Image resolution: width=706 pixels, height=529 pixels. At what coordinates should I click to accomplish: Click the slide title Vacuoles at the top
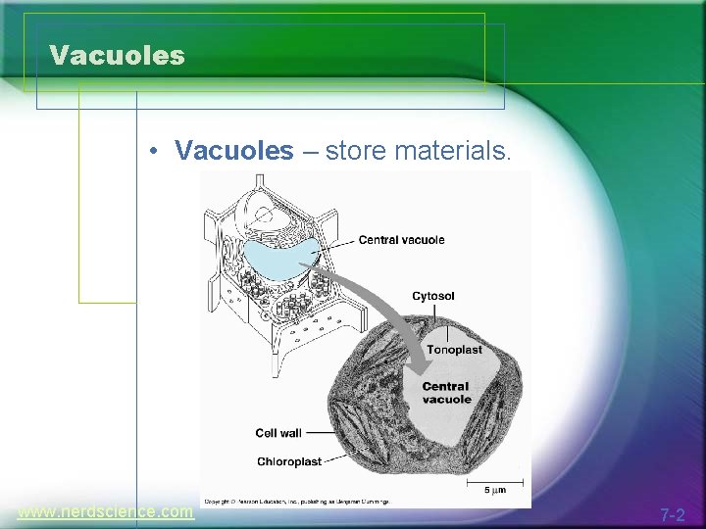(x=117, y=56)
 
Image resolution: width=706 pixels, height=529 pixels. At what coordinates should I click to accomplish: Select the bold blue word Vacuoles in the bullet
(x=233, y=151)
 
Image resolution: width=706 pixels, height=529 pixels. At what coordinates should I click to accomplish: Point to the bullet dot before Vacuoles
(x=155, y=152)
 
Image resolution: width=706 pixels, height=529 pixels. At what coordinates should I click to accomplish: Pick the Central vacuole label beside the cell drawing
(x=401, y=240)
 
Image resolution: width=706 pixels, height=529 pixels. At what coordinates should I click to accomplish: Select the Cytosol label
(x=432, y=296)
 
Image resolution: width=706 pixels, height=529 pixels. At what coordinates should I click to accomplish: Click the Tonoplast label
(x=453, y=350)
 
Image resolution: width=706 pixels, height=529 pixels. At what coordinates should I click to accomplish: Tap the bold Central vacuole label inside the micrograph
(x=446, y=393)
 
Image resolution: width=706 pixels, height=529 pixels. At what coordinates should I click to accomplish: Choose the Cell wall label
(x=278, y=433)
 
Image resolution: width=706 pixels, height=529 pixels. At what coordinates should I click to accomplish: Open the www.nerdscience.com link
(x=106, y=511)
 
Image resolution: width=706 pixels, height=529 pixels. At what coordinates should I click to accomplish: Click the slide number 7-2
(x=673, y=514)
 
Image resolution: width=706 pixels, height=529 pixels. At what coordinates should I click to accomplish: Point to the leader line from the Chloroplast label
(x=338, y=458)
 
